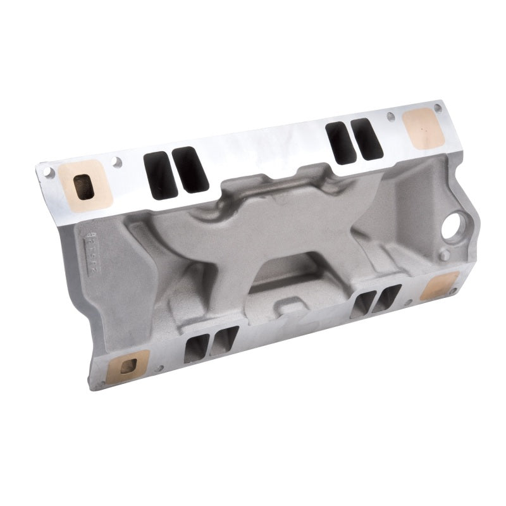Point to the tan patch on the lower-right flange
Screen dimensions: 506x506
(x=438, y=286)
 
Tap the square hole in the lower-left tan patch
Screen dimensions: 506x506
(x=128, y=366)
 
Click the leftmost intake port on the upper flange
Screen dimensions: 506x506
(x=161, y=175)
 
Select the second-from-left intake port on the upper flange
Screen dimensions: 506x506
(x=190, y=169)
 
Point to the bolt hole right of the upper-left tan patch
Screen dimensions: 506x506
(x=116, y=163)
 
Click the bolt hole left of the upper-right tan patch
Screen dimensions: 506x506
(x=391, y=117)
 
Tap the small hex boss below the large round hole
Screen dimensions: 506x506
(x=444, y=255)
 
